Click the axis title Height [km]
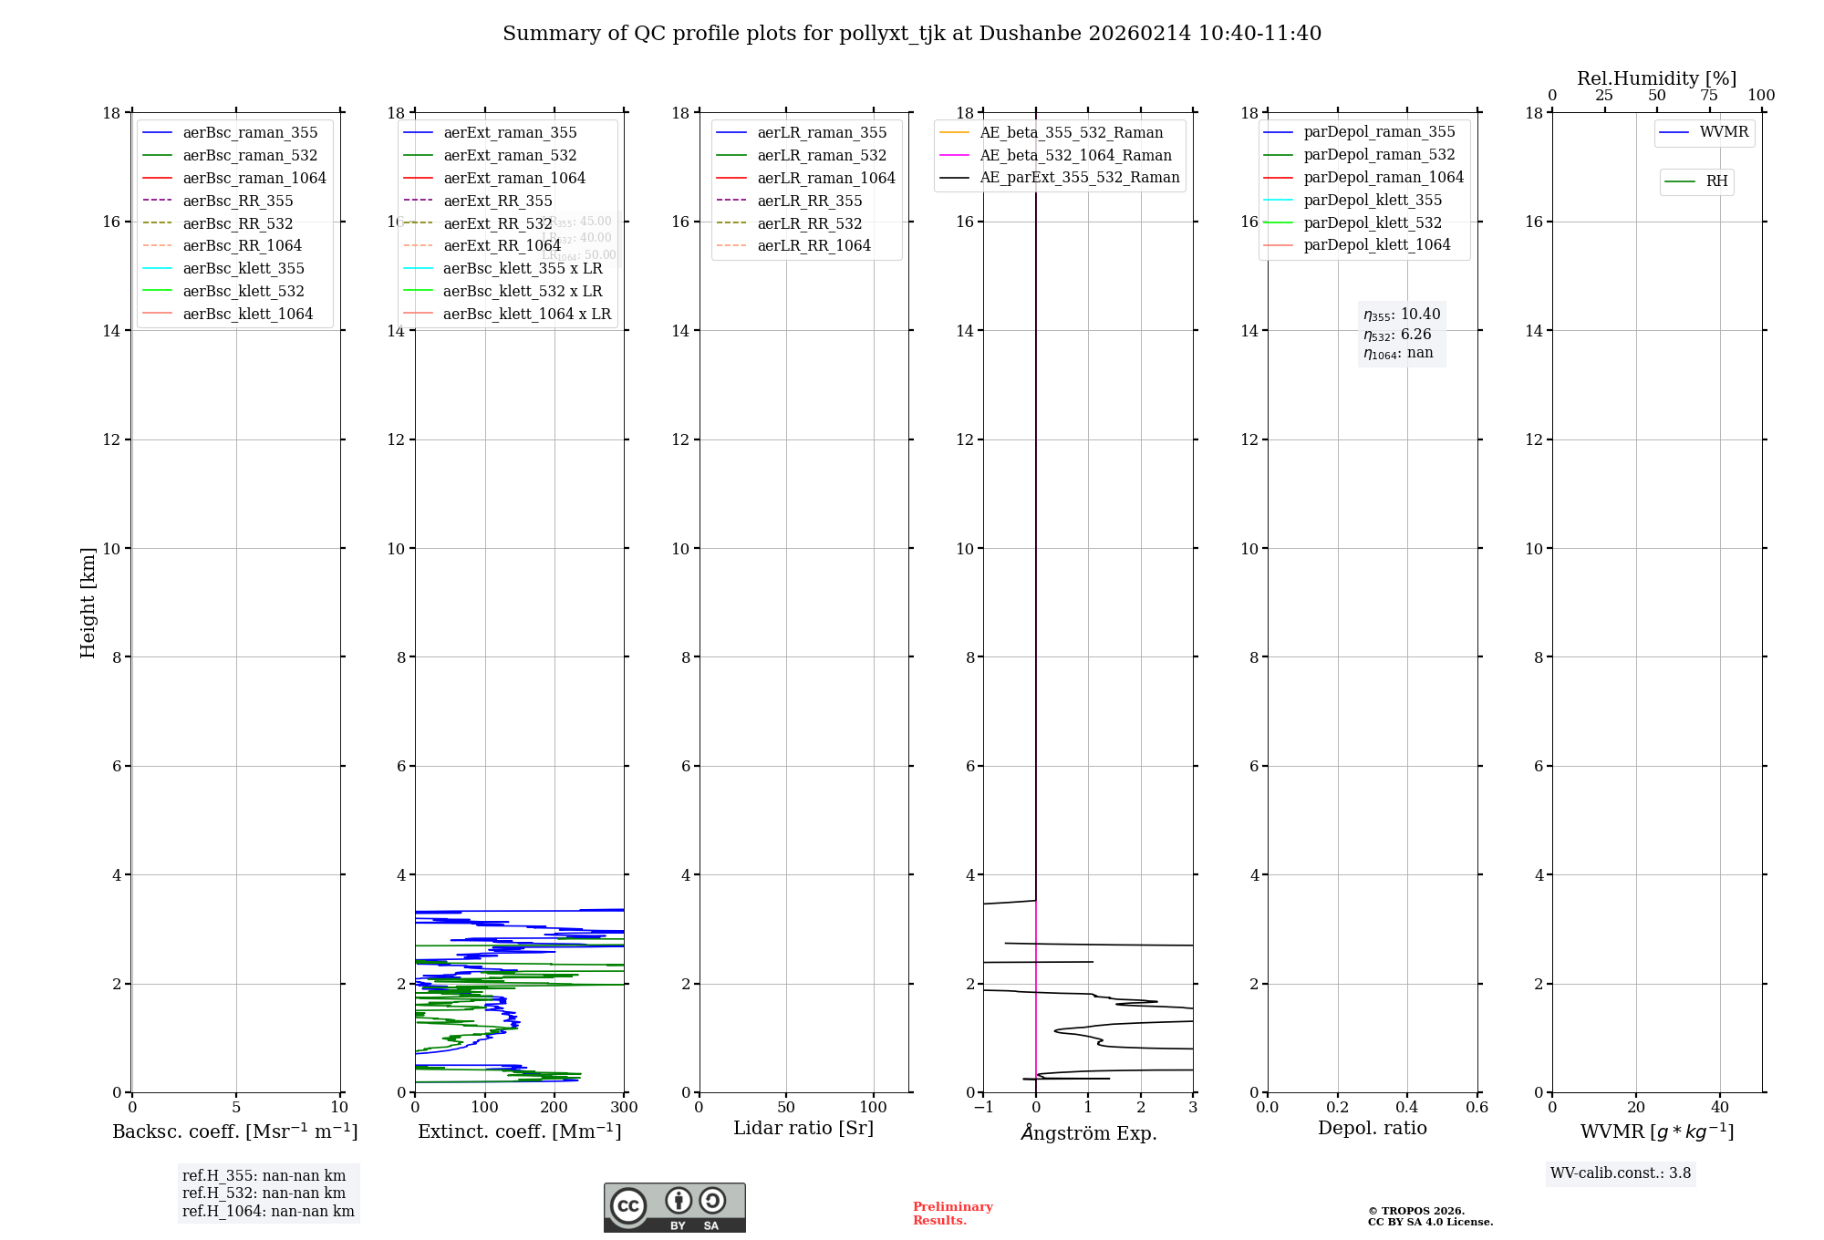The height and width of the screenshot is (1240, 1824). tap(88, 603)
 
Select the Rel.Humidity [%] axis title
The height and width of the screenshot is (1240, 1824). tap(1656, 78)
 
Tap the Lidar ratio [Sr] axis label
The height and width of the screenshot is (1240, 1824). tap(803, 1129)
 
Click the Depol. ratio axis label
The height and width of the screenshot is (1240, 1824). tap(1372, 1129)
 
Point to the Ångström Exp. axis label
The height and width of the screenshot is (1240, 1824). tap(1088, 1133)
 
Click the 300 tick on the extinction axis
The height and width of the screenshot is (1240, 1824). tap(624, 1108)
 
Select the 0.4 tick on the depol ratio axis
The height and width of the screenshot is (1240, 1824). tap(1407, 1108)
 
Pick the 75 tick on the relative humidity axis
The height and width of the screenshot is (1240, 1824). tap(1708, 96)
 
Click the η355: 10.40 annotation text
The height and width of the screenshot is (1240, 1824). tap(1402, 315)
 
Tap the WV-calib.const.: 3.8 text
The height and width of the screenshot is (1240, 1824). tap(1621, 1173)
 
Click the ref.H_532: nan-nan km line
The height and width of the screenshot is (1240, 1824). tap(264, 1193)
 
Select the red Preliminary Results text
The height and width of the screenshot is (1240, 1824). tap(952, 1214)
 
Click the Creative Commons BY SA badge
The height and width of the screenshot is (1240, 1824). tap(674, 1208)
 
